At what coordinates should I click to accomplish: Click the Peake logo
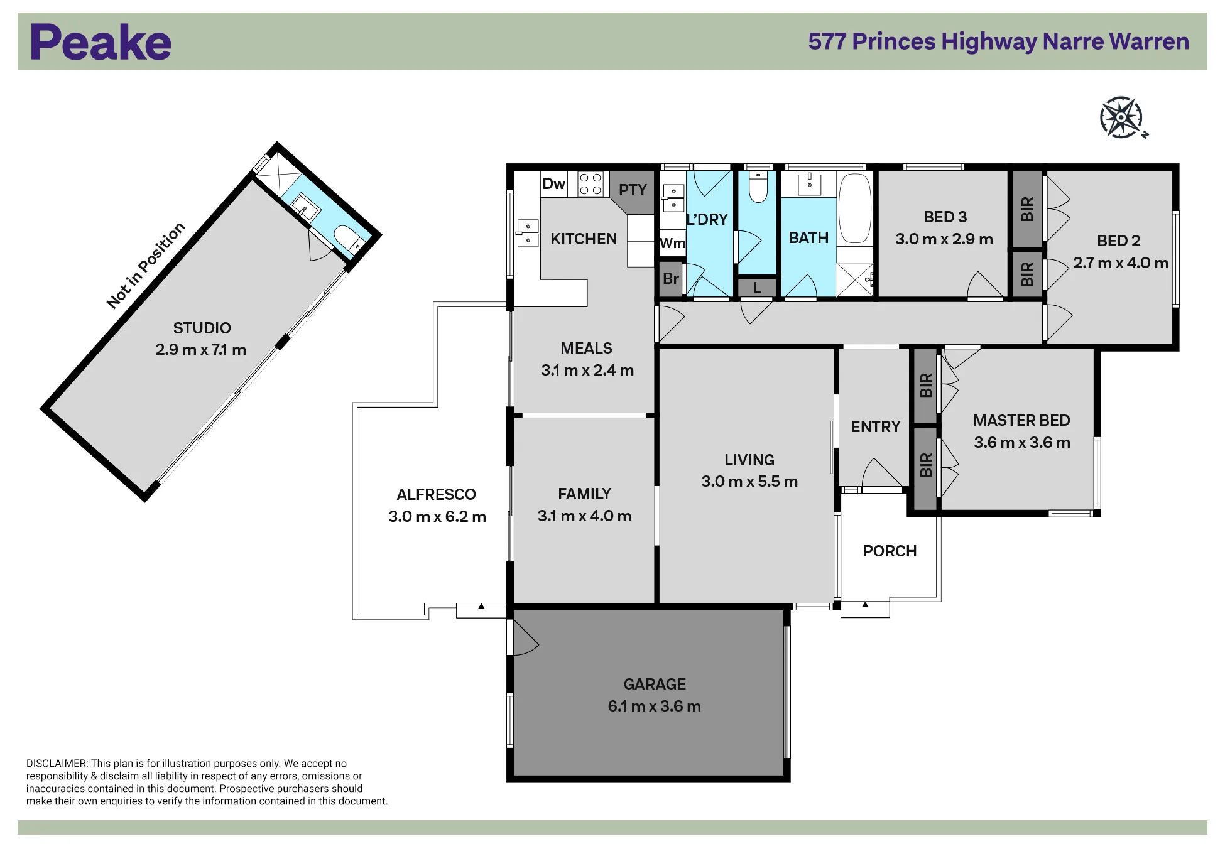tap(101, 42)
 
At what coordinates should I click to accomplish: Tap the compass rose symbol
tap(1122, 117)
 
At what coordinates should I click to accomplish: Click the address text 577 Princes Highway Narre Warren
tap(998, 41)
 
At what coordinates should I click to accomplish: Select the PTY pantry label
tap(633, 190)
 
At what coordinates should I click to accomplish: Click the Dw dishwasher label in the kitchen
tap(554, 183)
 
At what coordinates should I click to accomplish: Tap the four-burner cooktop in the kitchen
tap(591, 183)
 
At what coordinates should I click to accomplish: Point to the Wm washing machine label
tap(673, 243)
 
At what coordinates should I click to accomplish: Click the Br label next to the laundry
tap(671, 278)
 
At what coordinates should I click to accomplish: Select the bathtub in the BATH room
tap(855, 208)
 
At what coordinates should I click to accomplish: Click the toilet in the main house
tap(758, 187)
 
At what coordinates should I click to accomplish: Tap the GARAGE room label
tap(655, 684)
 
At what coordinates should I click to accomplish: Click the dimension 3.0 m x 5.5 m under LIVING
tap(749, 482)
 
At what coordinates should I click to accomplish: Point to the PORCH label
tap(890, 551)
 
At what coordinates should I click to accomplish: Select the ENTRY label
tap(876, 427)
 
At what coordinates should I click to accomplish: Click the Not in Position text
tap(146, 265)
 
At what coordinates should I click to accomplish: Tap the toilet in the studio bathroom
tap(346, 237)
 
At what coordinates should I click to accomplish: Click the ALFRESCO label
tap(436, 495)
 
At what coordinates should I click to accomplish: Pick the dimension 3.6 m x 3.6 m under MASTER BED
tap(1022, 443)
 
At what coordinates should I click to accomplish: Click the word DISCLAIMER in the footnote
tap(57, 764)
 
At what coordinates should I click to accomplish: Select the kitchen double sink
tap(528, 233)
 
